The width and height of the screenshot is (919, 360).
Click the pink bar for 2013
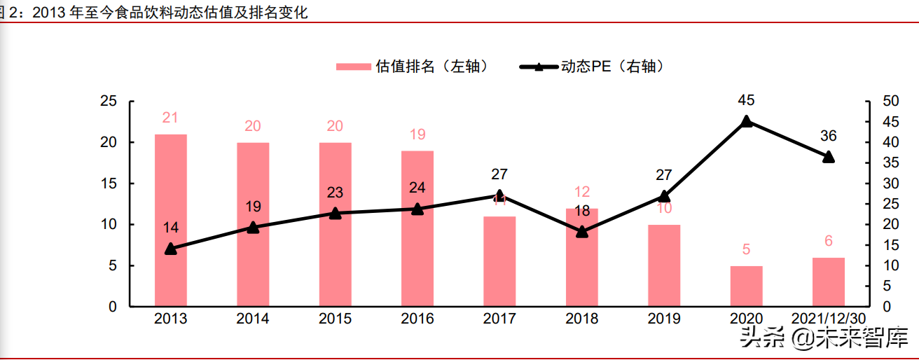170,220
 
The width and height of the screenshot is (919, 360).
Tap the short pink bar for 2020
746,286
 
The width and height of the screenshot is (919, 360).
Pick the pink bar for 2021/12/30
829,282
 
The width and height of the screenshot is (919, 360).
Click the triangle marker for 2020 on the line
746,121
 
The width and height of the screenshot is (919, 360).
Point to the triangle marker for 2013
170,249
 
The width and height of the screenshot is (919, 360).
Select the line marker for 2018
582,231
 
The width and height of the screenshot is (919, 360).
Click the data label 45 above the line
746,100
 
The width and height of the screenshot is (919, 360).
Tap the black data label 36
829,136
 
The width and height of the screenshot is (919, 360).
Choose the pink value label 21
170,118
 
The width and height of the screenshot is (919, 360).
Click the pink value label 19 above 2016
417,134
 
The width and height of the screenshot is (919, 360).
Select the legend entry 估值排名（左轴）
412,67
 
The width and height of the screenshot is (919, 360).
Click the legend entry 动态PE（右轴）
592,67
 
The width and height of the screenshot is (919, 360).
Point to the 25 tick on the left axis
108,101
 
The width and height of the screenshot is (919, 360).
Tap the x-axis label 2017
499,319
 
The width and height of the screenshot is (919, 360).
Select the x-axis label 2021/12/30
829,319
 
